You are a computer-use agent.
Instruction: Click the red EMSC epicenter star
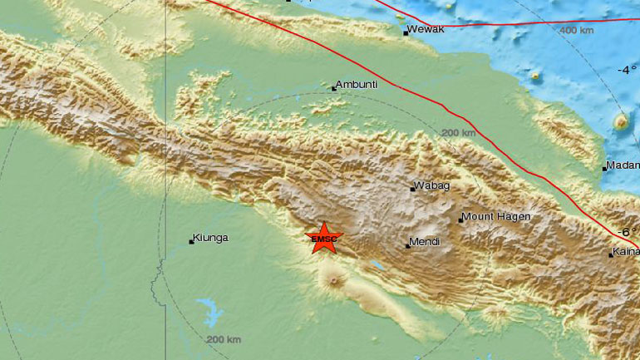[x=324, y=239]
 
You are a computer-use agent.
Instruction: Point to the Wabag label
[x=433, y=186]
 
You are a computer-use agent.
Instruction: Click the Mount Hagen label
[x=497, y=217]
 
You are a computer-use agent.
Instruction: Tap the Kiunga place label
[x=211, y=239]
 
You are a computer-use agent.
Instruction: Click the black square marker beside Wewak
[x=406, y=33]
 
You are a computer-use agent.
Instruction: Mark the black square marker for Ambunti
[x=334, y=87]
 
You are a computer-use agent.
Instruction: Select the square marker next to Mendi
[x=408, y=245]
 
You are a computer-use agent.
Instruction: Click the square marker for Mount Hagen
[x=460, y=219]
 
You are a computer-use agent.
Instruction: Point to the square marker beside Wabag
[x=412, y=189]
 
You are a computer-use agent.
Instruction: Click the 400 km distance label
[x=576, y=31]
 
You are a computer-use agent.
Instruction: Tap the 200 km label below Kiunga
[x=223, y=339]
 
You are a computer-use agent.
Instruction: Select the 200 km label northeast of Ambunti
[x=458, y=133]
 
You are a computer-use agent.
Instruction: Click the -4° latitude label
[x=626, y=72]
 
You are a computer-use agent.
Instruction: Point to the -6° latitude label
[x=626, y=232]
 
